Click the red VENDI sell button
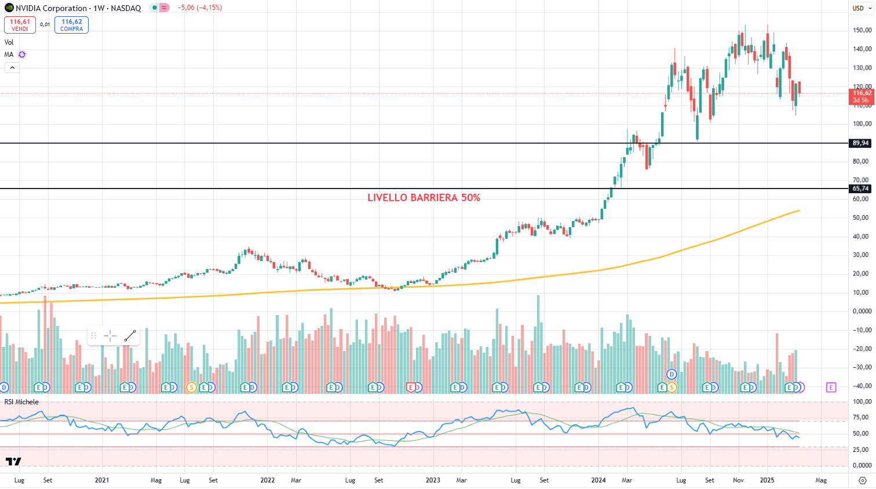pyautogui.click(x=20, y=25)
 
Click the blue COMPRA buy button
pyautogui.click(x=71, y=25)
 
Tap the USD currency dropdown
pyautogui.click(x=862, y=8)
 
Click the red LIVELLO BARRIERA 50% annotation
pyautogui.click(x=424, y=198)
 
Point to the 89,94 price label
pyautogui.click(x=860, y=143)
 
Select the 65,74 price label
pyautogui.click(x=860, y=189)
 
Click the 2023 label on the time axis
pyautogui.click(x=433, y=480)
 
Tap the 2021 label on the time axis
pyautogui.click(x=102, y=480)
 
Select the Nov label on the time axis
pyautogui.click(x=738, y=480)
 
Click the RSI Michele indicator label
pyautogui.click(x=21, y=402)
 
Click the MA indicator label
pyautogui.click(x=9, y=55)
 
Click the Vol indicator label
pyautogui.click(x=9, y=42)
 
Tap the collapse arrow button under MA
pyautogui.click(x=12, y=68)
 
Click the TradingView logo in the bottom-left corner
pyautogui.click(x=13, y=461)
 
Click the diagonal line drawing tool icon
pyautogui.click(x=130, y=336)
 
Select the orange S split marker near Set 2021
pyautogui.click(x=191, y=387)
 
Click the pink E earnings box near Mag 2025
pyautogui.click(x=831, y=387)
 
